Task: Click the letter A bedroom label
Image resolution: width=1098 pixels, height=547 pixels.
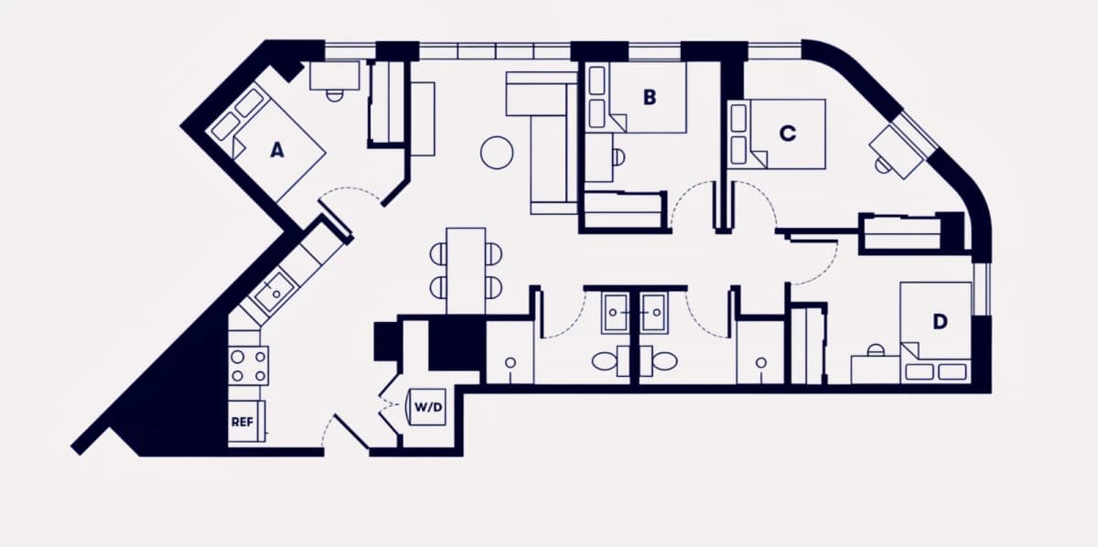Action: [x=277, y=150]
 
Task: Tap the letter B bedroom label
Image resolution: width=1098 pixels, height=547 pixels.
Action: [x=650, y=97]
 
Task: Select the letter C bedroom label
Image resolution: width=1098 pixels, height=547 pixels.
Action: [x=788, y=134]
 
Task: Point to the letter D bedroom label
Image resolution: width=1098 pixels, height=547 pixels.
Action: [x=940, y=322]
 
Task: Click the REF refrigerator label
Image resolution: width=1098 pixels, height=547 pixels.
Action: [x=242, y=422]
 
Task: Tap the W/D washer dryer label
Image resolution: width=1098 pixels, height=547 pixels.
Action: [x=428, y=407]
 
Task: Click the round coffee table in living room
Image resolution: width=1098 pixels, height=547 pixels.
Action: [x=497, y=153]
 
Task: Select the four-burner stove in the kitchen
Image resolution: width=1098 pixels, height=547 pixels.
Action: [x=249, y=366]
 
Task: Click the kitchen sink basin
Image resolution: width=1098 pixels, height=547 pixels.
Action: [x=275, y=292]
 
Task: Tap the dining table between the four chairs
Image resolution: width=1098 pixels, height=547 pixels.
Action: [x=466, y=271]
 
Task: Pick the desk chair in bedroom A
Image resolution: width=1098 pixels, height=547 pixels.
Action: [x=334, y=95]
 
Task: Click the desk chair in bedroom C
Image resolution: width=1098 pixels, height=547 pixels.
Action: [x=883, y=166]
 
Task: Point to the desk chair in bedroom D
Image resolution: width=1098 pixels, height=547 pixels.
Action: [x=875, y=350]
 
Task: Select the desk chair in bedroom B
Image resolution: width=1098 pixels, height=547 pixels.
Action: [x=619, y=156]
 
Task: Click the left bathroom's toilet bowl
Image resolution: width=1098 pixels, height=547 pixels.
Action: [x=604, y=361]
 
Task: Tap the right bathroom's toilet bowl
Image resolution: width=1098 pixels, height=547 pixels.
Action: [x=665, y=361]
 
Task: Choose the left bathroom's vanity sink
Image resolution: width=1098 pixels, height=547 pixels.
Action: [x=615, y=313]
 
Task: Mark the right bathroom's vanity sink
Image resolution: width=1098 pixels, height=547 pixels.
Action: [x=653, y=313]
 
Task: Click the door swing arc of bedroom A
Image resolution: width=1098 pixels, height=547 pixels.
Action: [x=351, y=190]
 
